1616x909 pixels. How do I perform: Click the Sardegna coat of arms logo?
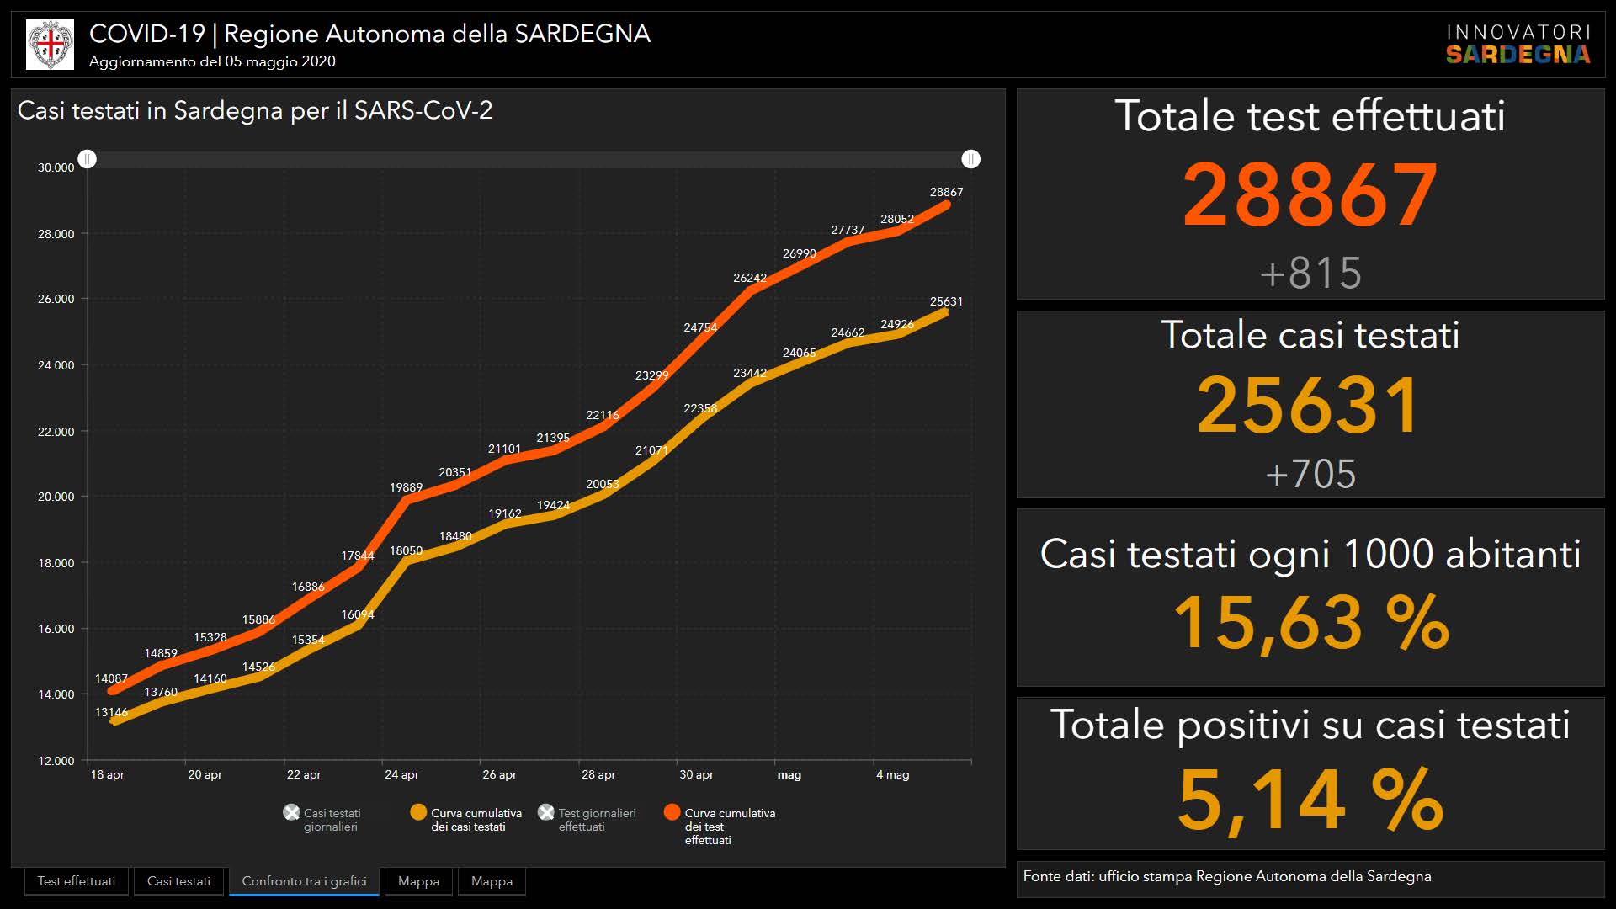pos(50,45)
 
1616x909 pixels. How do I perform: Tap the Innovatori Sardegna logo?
pos(1518,45)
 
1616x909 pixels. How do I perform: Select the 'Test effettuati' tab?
pos(77,881)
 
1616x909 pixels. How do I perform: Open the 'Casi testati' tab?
pos(178,881)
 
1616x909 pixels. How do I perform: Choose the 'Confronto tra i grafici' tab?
pos(304,881)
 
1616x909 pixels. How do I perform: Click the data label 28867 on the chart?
pos(946,192)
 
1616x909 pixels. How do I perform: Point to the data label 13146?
pos(111,712)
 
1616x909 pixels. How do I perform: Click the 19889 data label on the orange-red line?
pos(406,487)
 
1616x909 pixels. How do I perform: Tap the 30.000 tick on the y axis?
pos(56,167)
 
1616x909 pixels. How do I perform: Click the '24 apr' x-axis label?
pos(401,774)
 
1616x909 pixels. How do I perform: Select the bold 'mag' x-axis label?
pos(789,774)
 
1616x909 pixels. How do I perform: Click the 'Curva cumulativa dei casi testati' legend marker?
pos(418,812)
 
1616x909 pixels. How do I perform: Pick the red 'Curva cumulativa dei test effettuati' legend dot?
pos(672,812)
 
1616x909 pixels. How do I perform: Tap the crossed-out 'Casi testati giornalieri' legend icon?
pos(291,812)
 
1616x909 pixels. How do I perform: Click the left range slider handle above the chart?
pos(88,159)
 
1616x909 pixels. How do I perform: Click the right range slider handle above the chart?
pos(970,159)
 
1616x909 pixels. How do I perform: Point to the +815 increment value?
pos(1310,273)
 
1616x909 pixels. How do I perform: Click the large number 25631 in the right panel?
pos(1310,406)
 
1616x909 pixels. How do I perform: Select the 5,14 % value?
pos(1310,800)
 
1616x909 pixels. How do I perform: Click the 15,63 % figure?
pos(1310,623)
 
